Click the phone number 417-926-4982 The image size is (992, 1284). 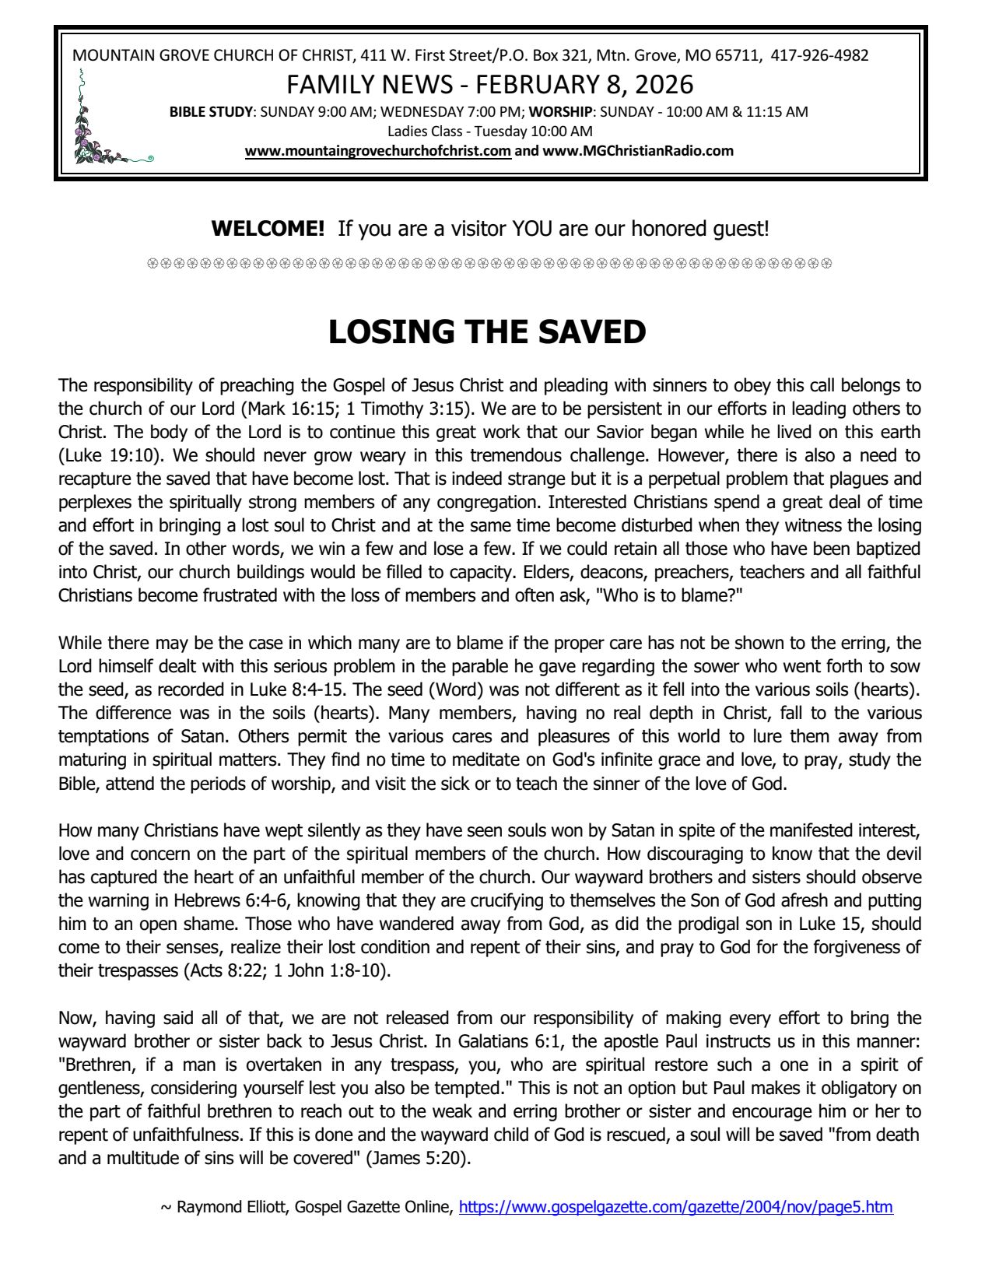tap(819, 55)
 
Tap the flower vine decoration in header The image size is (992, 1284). tap(101, 125)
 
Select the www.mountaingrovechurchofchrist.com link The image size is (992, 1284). tap(378, 151)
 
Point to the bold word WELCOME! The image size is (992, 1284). tap(268, 229)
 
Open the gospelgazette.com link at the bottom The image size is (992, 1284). tap(676, 1207)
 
